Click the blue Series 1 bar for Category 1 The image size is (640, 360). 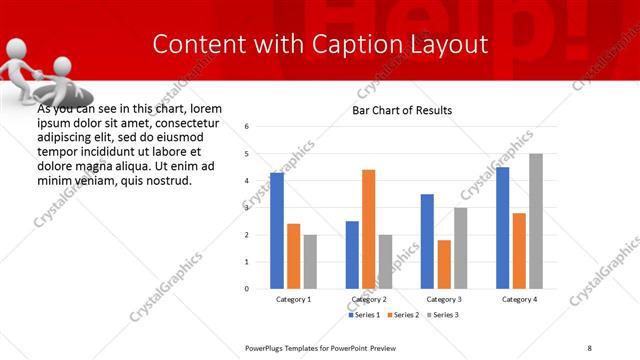point(277,231)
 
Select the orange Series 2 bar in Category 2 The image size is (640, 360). point(369,229)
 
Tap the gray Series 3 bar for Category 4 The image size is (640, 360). point(536,221)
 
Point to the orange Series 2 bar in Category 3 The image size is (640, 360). point(444,264)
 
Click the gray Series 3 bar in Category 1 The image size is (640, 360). point(310,261)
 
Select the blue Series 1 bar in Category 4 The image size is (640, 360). point(502,228)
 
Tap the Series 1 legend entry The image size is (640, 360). point(364,315)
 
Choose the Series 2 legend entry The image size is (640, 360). point(402,315)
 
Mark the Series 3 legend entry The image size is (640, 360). point(440,315)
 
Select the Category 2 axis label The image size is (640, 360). point(369,299)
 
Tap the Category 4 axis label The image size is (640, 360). point(519,299)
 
